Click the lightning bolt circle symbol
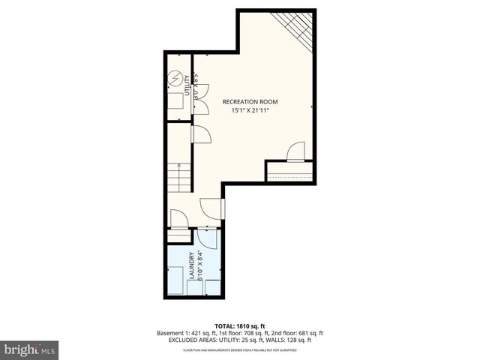pos(175,78)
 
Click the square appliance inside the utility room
pos(174,102)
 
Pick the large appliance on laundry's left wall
pos(177,278)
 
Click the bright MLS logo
pos(30,349)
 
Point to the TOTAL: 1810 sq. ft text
pos(239,325)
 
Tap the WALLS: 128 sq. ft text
pos(292,340)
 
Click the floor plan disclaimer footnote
pos(239,349)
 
